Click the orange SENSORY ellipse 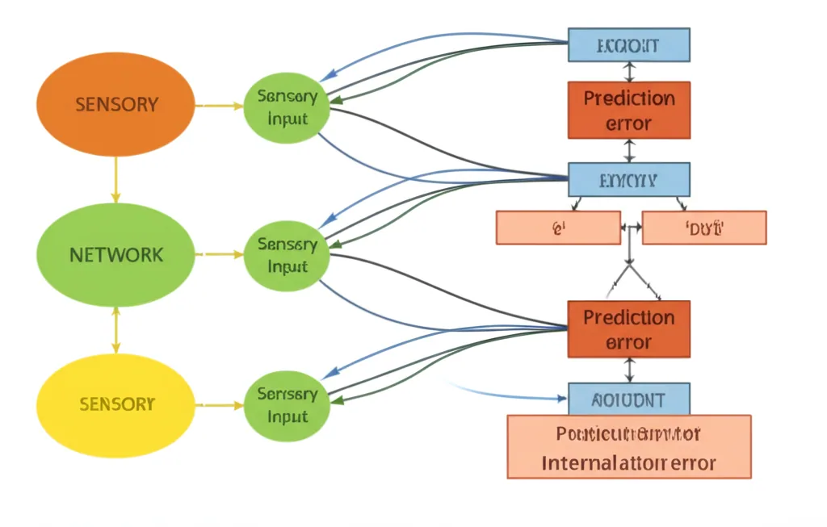(x=115, y=105)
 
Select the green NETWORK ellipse (x=115, y=255)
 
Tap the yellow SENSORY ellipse (x=115, y=404)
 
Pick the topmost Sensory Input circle (x=287, y=108)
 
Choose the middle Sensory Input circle (x=287, y=255)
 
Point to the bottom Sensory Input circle (x=287, y=405)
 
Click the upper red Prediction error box (x=629, y=111)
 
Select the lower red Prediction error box (x=629, y=329)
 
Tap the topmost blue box (x=629, y=45)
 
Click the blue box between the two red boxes (x=629, y=179)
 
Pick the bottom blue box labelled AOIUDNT (x=629, y=399)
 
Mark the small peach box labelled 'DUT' (x=703, y=228)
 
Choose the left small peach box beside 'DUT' (x=557, y=228)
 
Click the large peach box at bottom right (x=629, y=446)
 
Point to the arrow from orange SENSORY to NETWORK (x=116, y=179)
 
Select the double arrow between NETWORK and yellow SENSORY (x=116, y=329)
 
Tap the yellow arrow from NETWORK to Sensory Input (x=219, y=254)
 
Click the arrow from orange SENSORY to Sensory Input (x=219, y=106)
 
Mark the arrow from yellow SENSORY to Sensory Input (x=219, y=404)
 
